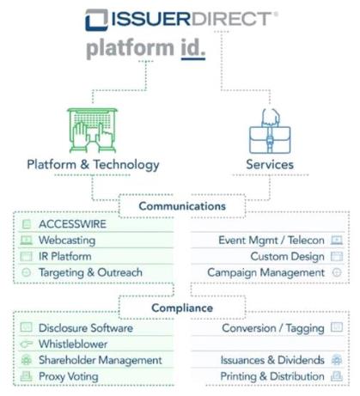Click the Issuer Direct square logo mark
point(96,20)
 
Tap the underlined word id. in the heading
point(193,48)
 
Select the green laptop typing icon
point(93,131)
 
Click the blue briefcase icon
point(270,131)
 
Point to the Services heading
point(270,164)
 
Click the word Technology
point(126,165)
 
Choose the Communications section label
point(182,206)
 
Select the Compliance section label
point(182,308)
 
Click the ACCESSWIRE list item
point(72,224)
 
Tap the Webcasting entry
point(67,240)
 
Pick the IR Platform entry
point(65,256)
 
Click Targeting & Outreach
point(90,272)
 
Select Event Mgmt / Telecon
point(272,240)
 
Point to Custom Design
point(287,256)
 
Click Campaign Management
point(266,272)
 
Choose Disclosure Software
point(86,328)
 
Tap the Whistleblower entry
point(73,344)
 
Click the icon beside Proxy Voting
point(26,376)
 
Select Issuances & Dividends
point(272,360)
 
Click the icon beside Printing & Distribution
point(337,376)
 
